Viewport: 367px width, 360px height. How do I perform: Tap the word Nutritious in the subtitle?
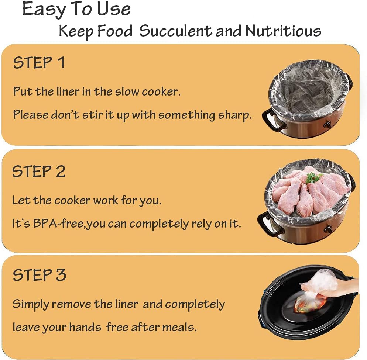(283, 31)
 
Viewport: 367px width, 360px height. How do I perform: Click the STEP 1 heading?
(39, 63)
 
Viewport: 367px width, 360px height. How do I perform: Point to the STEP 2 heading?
(39, 172)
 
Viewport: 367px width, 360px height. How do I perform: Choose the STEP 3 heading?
(39, 275)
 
